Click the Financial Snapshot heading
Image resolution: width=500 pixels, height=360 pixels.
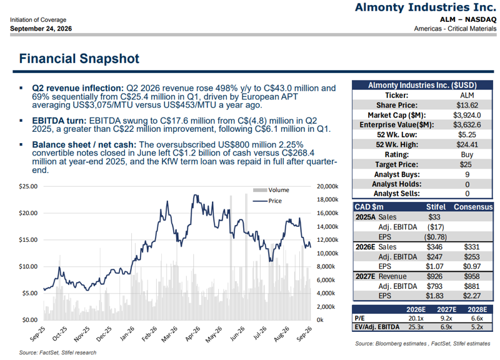coord(79,59)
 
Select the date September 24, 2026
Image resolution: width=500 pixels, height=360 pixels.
coord(41,29)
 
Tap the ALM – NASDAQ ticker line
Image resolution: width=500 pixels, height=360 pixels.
coord(468,19)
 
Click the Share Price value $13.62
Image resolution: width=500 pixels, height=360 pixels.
coord(467,105)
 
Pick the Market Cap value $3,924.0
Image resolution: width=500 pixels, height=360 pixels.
coord(467,115)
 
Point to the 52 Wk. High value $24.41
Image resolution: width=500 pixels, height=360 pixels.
coord(467,145)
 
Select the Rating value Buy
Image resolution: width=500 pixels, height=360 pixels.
coord(467,154)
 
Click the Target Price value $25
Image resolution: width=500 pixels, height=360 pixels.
coord(467,164)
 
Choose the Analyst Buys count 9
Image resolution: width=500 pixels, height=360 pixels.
coord(467,174)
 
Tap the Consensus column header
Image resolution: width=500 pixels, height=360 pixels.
coord(473,207)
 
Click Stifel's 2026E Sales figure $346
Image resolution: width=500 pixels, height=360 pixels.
coord(434,247)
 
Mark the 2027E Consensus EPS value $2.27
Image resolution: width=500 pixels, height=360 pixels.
coord(472,296)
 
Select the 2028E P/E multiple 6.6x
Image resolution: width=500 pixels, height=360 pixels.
coord(477,318)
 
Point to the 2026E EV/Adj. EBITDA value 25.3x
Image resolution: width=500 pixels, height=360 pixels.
coord(416,327)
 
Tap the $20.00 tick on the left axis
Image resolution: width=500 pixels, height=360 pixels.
coord(28,213)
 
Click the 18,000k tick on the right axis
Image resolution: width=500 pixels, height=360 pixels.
coord(327,199)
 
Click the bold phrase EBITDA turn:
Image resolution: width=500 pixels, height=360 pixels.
coord(59,121)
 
